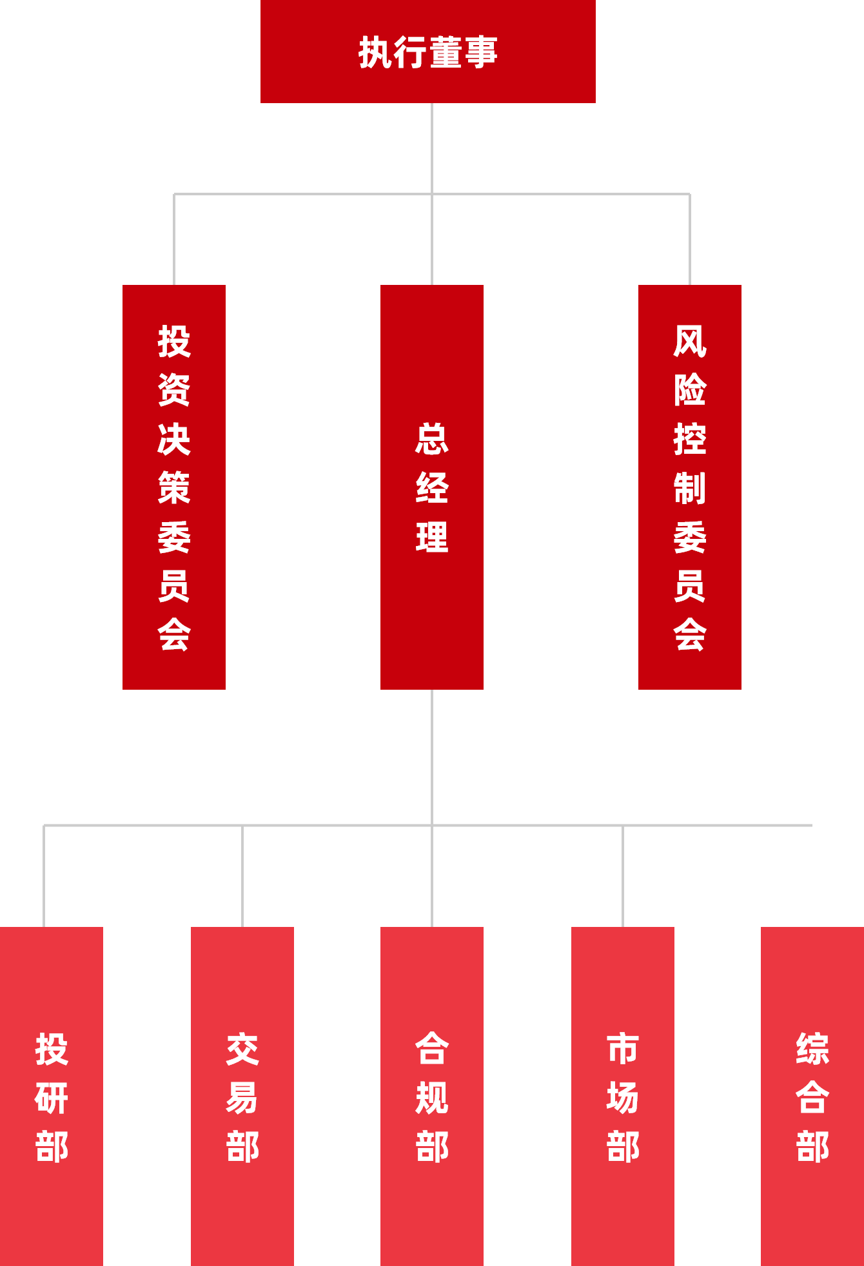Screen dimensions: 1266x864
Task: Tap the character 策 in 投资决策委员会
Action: tap(174, 487)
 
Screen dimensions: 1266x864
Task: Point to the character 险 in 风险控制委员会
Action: tap(690, 389)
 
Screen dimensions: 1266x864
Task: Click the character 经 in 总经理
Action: tap(432, 487)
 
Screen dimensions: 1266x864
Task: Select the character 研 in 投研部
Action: tap(52, 1098)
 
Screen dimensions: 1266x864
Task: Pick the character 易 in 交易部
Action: tap(242, 1098)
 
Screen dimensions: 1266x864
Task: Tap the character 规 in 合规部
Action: tap(432, 1098)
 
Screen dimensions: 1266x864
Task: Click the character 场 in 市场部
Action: tap(623, 1098)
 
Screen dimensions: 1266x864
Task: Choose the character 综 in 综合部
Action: tap(812, 1049)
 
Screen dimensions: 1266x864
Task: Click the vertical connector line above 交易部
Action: tap(242, 877)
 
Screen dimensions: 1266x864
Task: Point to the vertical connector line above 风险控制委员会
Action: tap(690, 239)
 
